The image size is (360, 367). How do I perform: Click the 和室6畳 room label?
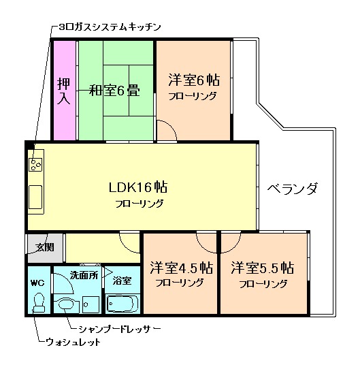(x=114, y=89)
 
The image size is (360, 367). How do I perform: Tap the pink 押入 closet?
(x=64, y=91)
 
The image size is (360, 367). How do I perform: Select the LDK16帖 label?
(x=138, y=187)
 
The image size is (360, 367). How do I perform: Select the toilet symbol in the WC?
(x=39, y=302)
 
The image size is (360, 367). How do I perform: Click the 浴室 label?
(x=122, y=281)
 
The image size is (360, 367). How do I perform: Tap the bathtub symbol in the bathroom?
(x=123, y=303)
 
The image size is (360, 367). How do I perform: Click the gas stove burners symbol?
(x=36, y=163)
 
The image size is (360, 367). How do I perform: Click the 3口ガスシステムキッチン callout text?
(x=109, y=27)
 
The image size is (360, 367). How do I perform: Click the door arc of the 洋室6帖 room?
(x=166, y=130)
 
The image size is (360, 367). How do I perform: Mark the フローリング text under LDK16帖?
(x=139, y=203)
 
